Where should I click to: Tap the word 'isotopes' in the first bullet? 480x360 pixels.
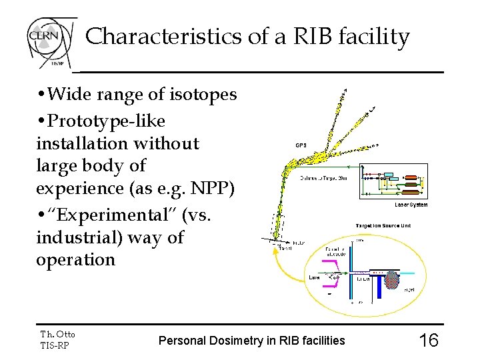pyautogui.click(x=209, y=95)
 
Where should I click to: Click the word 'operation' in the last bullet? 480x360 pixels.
pyautogui.click(x=76, y=259)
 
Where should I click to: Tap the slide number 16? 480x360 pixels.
pyautogui.click(x=428, y=341)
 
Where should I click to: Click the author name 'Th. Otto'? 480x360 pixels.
pyautogui.click(x=58, y=334)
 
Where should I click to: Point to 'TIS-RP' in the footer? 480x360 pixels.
pyautogui.click(x=55, y=345)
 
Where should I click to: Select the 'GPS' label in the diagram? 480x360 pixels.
pyautogui.click(x=301, y=144)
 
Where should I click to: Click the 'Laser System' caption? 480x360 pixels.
pyautogui.click(x=411, y=205)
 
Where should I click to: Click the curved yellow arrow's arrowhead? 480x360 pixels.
pyautogui.click(x=275, y=251)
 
